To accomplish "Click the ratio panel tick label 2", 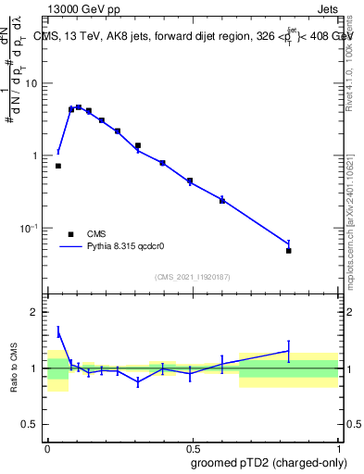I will coord(35,312).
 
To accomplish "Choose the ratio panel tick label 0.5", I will coord(31,427).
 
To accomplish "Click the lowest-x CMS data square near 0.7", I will coord(58,166).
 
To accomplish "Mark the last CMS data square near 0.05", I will coord(289,250).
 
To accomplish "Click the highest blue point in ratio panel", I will coord(58,331).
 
